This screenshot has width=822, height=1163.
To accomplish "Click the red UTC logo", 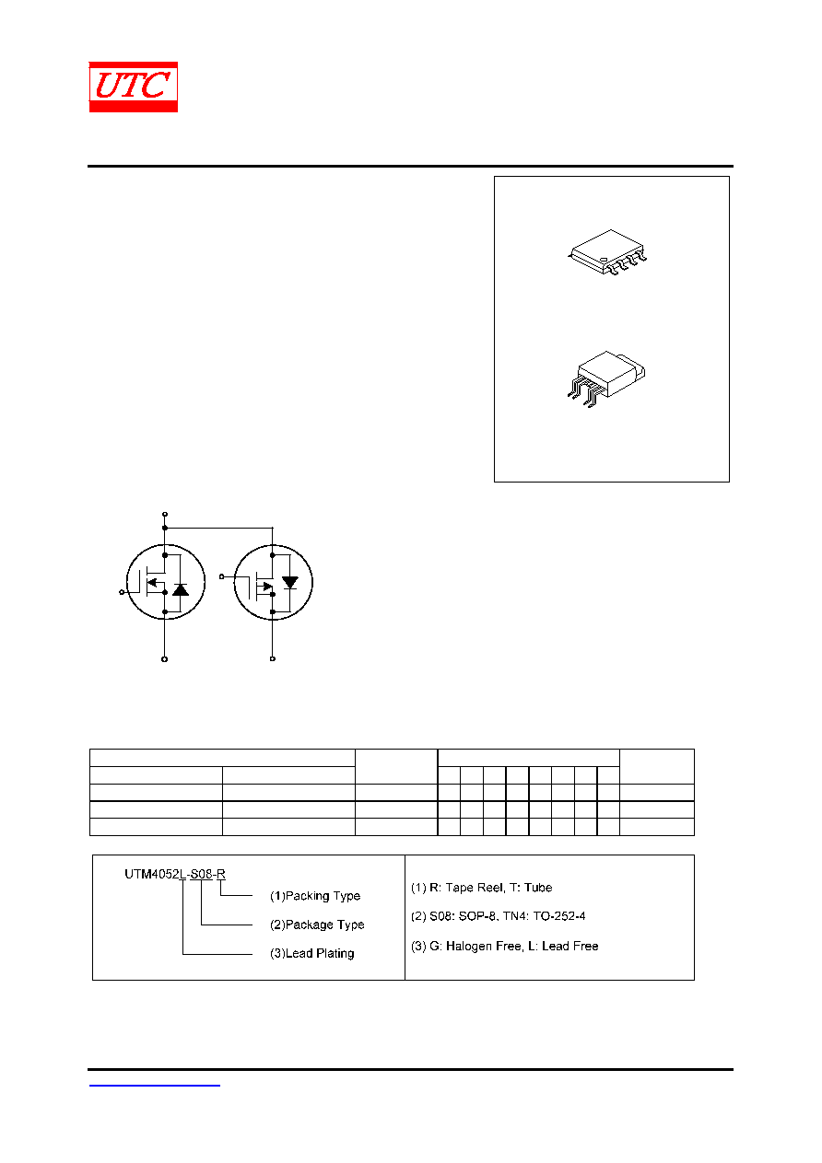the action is pos(133,87).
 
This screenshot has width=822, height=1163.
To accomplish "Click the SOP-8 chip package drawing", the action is pos(607,252).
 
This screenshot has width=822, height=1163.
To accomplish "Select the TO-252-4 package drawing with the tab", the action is pos(605,378).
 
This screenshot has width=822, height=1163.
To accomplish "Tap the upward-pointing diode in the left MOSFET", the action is pos(181,589).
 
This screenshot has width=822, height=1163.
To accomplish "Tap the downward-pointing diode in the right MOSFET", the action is pos(290,583).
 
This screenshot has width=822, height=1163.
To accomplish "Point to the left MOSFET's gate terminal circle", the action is pos(122,592).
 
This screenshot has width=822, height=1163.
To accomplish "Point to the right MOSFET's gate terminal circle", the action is pos(221,576).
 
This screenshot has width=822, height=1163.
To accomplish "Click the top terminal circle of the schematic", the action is pos(165,514).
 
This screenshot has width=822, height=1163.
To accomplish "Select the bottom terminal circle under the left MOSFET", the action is pos(164,659).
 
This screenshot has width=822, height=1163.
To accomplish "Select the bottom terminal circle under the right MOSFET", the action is pos(273,659).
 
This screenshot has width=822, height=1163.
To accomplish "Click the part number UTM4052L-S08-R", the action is pos(174,875).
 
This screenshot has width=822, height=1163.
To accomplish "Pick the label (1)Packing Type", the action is pos(315,896).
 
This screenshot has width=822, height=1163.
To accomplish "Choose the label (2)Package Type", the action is pos(317,925).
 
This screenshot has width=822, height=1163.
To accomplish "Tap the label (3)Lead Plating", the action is pos(311,953).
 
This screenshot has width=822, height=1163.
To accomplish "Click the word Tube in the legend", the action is pos(538,888).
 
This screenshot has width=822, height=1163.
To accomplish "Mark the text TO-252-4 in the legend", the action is pos(559,916).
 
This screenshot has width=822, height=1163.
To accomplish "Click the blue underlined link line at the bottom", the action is pos(154,1085).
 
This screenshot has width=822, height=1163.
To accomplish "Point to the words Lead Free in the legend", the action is pos(570,946).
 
